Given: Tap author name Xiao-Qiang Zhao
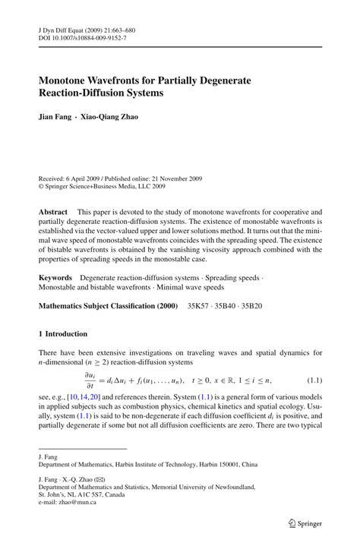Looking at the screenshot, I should pos(116,118).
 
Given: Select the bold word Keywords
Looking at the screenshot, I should pos(55,279).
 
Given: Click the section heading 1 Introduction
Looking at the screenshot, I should pos(63,334).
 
